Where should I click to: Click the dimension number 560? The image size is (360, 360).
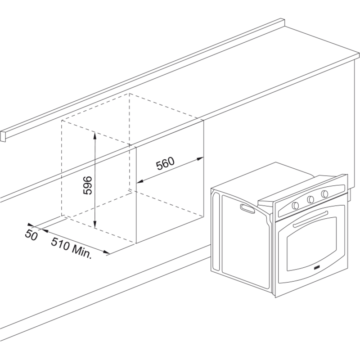pyautogui.click(x=165, y=163)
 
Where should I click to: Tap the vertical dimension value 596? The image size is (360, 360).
pyautogui.click(x=87, y=185)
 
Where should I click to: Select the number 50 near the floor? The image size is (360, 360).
pyautogui.click(x=31, y=234)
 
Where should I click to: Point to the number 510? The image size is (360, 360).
pyautogui.click(x=60, y=244)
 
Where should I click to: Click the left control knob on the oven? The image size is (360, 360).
pyautogui.click(x=295, y=205)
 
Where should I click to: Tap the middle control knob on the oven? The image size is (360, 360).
pyautogui.click(x=310, y=199)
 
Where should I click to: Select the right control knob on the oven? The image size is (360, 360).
pyautogui.click(x=324, y=194)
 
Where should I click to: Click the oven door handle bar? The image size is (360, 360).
pyautogui.click(x=310, y=220)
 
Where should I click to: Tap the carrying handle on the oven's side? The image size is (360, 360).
pyautogui.click(x=247, y=209)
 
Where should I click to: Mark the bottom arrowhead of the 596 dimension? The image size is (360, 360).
pyautogui.click(x=95, y=225)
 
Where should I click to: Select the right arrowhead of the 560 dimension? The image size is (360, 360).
pyautogui.click(x=199, y=159)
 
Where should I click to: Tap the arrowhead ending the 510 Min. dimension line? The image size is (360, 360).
pyautogui.click(x=106, y=252)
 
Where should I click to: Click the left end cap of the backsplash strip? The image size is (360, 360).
pyautogui.click(x=3, y=136)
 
